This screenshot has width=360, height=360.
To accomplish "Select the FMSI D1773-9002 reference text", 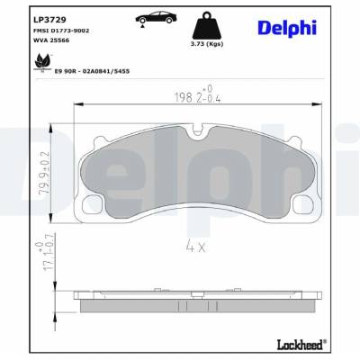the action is pyautogui.click(x=62, y=31).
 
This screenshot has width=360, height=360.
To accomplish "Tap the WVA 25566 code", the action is pyautogui.click(x=52, y=40).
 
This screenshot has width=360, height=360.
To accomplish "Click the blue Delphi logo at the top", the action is pyautogui.click(x=287, y=28).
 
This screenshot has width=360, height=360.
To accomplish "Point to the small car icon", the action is pyautogui.click(x=155, y=18).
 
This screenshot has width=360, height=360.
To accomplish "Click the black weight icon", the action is pyautogui.click(x=207, y=25).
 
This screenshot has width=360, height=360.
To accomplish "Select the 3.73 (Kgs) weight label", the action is pyautogui.click(x=207, y=44).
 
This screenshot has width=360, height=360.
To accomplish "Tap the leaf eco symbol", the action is pyautogui.click(x=41, y=63).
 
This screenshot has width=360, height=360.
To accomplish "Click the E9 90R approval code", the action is pyautogui.click(x=92, y=71).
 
